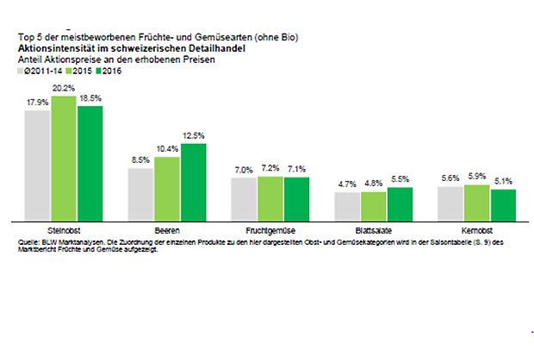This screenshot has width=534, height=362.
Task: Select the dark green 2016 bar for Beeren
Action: [193, 181]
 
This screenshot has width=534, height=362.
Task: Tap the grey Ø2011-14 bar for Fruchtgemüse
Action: [244, 198]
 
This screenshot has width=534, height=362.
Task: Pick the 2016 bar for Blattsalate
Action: [400, 203]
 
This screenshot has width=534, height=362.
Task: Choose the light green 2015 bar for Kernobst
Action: [476, 202]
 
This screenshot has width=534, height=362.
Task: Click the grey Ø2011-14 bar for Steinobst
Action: [37, 165]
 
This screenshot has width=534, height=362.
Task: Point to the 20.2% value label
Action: [62, 88]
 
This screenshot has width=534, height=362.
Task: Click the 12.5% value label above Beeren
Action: [194, 135]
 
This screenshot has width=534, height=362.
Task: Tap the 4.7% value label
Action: [346, 184]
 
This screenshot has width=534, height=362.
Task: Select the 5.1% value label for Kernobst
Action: [503, 182]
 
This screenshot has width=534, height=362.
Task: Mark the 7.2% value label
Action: [270, 168]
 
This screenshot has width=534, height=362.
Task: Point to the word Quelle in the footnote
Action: [27, 243]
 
